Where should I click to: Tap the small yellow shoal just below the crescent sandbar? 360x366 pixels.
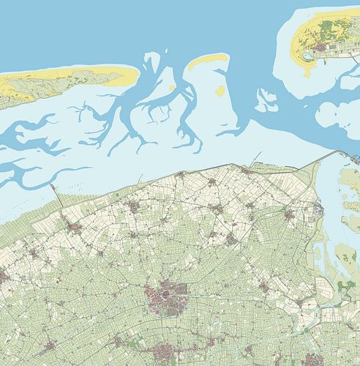point(220,91)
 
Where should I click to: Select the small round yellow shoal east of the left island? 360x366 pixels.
point(171,89)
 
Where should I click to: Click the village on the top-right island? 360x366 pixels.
point(323,48)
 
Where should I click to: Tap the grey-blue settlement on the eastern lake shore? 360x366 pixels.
point(317,212)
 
